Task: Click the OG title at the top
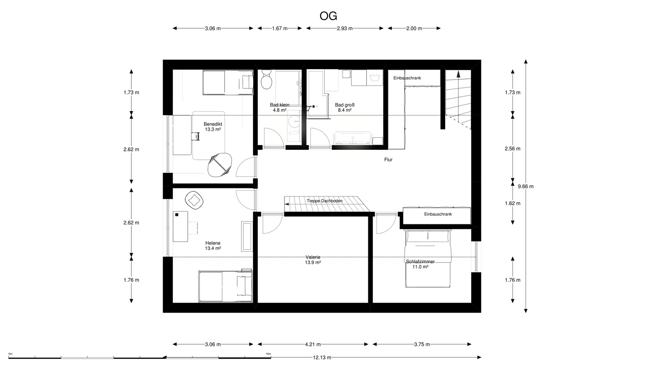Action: click(328, 16)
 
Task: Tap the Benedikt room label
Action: click(213, 127)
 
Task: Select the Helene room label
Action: click(213, 245)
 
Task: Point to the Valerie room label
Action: click(313, 260)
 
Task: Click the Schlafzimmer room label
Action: click(420, 264)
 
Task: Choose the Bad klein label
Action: click(279, 107)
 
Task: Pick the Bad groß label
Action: click(345, 107)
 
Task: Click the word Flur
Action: click(388, 160)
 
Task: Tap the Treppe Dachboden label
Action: click(324, 201)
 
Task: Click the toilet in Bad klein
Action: click(266, 80)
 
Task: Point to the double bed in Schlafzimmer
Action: click(428, 259)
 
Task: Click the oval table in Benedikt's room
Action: click(220, 165)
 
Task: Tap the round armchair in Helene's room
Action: click(194, 200)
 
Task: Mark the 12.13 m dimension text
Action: click(322, 357)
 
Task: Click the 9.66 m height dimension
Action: click(526, 186)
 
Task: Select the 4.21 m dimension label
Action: click(313, 344)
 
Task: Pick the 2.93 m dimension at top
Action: click(345, 29)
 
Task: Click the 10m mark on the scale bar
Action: click(268, 354)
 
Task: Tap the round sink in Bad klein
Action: click(293, 121)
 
